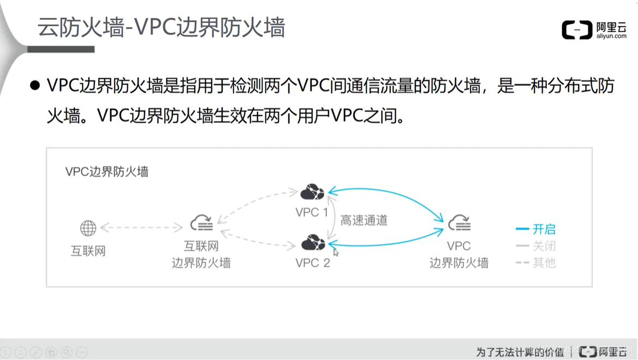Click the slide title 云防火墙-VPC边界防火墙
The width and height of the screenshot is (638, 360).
161,27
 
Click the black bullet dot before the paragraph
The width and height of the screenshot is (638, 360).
35,86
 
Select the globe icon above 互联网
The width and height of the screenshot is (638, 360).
88,228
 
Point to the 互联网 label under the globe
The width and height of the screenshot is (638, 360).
88,251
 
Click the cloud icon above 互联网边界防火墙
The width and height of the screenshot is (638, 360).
201,223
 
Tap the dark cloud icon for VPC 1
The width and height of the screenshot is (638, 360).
312,192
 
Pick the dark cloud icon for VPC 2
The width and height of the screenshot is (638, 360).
313,242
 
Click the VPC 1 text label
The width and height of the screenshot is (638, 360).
312,212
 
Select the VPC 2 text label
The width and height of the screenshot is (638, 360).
313,263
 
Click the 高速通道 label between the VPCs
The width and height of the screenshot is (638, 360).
364,220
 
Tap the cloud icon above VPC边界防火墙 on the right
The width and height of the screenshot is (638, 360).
459,223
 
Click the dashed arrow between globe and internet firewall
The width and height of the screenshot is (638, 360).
141,227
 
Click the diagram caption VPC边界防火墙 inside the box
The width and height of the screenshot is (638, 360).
107,172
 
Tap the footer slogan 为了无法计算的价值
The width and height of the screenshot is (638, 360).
520,351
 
